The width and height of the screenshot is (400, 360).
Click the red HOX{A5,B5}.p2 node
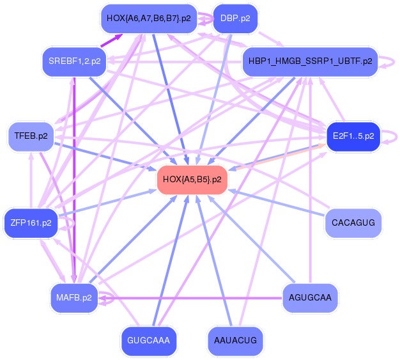coord(192,180)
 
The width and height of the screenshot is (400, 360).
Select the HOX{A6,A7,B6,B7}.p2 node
coord(150,19)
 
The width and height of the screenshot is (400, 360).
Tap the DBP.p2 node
coord(235,19)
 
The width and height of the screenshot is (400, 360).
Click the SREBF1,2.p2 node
coord(75,61)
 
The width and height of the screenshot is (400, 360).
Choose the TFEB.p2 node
coord(31,136)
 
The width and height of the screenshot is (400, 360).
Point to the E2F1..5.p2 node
coord(353,136)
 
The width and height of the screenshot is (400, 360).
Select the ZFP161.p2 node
coord(31,223)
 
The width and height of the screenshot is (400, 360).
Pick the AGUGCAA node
coord(310,298)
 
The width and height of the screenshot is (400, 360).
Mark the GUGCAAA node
coord(148,341)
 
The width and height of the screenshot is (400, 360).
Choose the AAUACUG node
coord(235,341)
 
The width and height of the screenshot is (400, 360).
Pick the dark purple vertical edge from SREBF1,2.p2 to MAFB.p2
coord(75,179)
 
